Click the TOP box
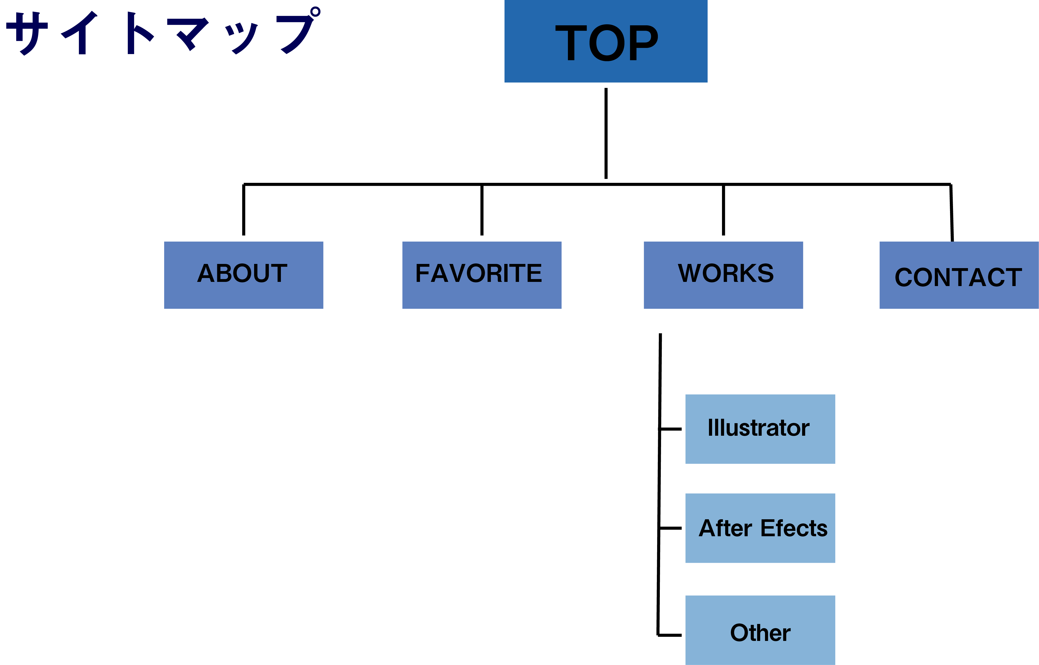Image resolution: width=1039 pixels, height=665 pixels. pyautogui.click(x=606, y=41)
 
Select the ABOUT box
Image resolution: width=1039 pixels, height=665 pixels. pyautogui.click(x=244, y=275)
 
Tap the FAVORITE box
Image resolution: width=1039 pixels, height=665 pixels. pyautogui.click(x=481, y=275)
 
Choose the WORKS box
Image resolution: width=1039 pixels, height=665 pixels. pyautogui.click(x=723, y=275)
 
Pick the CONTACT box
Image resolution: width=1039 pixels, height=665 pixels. pyautogui.click(x=959, y=275)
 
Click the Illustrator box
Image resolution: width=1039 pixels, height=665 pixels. pyautogui.click(x=760, y=429)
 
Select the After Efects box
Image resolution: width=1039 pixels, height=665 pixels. pyautogui.click(x=760, y=528)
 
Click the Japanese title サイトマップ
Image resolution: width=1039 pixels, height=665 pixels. pyautogui.click(x=162, y=32)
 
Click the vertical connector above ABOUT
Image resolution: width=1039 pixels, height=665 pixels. pyautogui.click(x=244, y=210)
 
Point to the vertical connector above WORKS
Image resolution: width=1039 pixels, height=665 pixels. pyautogui.click(x=723, y=210)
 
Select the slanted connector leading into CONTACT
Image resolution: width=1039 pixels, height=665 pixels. pyautogui.click(x=951, y=213)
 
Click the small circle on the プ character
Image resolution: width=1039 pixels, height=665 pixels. pyautogui.click(x=316, y=12)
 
